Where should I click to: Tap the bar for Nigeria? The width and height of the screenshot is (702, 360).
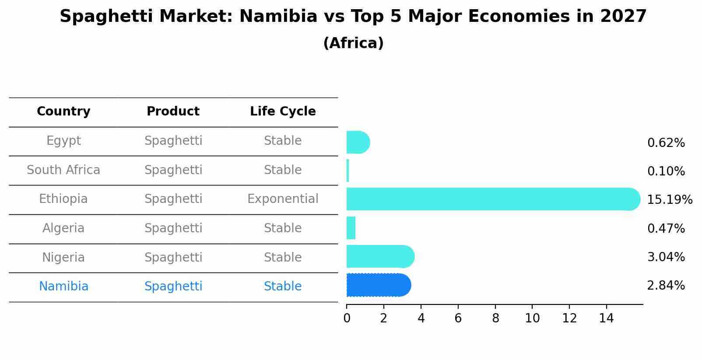(x=380, y=256)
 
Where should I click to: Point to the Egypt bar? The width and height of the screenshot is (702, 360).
(x=358, y=142)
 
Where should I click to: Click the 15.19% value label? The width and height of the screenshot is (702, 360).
(x=669, y=200)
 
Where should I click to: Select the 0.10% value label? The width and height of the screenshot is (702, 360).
(x=666, y=171)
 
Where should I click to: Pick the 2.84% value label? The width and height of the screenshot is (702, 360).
(x=666, y=286)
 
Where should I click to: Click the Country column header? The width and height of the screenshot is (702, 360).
(x=63, y=112)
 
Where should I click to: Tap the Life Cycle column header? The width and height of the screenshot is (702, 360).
(x=283, y=112)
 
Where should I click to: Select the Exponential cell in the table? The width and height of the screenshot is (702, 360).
(x=283, y=199)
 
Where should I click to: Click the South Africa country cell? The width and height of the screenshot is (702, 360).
(x=63, y=170)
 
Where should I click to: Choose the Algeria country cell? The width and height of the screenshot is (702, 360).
(x=63, y=228)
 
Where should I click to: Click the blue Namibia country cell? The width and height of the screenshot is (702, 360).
(x=63, y=287)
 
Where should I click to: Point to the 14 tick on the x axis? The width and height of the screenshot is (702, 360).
(x=607, y=318)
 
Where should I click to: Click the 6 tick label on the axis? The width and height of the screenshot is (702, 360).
(x=458, y=318)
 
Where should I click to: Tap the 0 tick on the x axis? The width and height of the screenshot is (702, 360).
(x=347, y=318)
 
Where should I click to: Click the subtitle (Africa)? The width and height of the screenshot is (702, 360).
(x=353, y=43)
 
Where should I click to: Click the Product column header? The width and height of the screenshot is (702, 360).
(x=173, y=112)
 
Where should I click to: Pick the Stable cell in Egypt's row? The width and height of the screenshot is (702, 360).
(x=283, y=141)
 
